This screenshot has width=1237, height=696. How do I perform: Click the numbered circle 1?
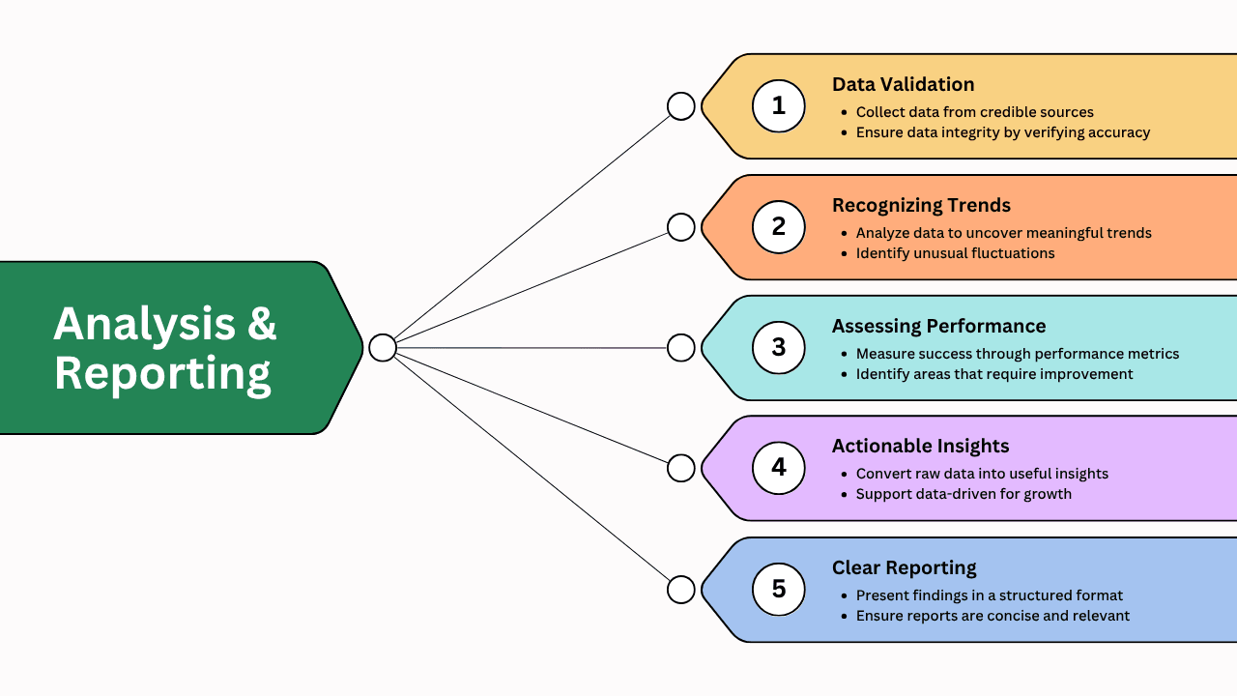coord(779,105)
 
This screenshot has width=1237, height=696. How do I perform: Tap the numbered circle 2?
coord(779,227)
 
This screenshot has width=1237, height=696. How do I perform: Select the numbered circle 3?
coord(779,347)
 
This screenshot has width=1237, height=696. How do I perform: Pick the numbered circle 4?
coord(779,468)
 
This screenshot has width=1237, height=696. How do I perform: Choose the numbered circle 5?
coord(779,589)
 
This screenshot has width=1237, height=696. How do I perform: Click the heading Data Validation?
coord(903,84)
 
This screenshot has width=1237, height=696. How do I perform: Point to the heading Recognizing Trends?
coord(921,205)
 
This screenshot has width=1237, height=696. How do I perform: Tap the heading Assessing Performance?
coord(938,326)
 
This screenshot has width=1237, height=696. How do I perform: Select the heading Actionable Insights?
coord(920,446)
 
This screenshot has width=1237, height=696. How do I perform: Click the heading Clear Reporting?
coord(904,567)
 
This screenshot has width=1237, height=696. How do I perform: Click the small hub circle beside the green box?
coord(383,347)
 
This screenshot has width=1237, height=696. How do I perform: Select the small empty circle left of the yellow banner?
coord(681,106)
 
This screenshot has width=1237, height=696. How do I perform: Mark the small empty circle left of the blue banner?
coord(681,589)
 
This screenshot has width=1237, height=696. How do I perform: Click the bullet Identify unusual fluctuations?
coord(955,253)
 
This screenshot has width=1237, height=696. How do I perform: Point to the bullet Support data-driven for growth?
coord(964,494)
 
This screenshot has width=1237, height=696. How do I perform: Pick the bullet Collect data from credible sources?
coord(974,112)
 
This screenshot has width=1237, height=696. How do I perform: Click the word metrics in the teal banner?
coord(1149,354)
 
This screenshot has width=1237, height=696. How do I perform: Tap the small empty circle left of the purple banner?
coord(681,468)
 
